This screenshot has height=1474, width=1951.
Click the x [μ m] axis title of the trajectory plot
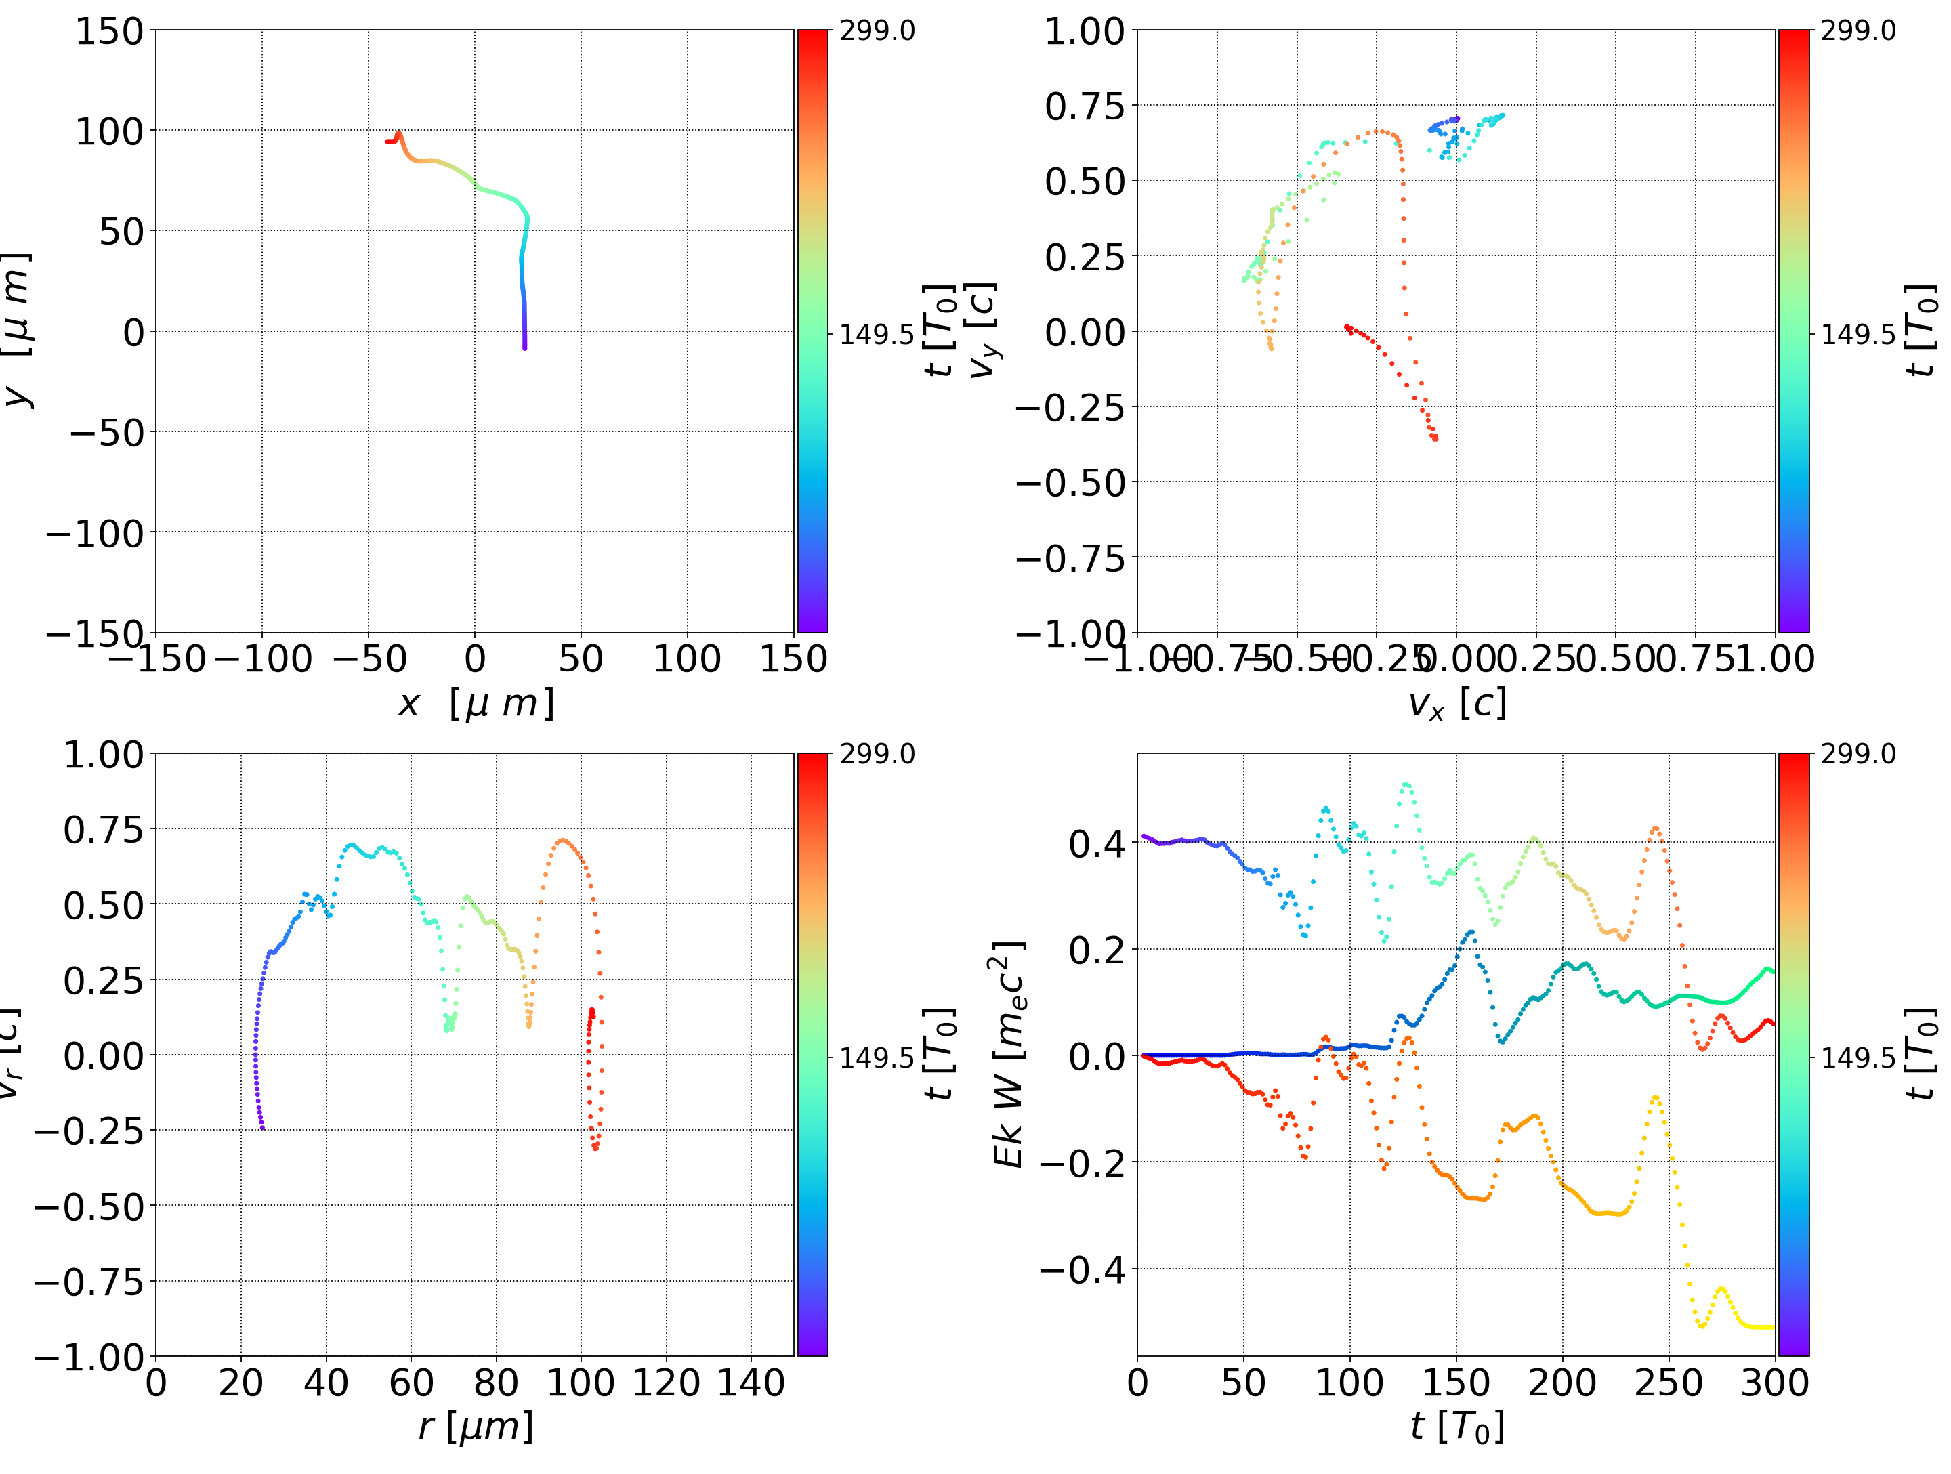pos(476,704)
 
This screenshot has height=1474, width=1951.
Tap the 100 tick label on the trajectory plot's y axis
pos(108,131)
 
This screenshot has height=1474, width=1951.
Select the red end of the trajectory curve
pos(388,141)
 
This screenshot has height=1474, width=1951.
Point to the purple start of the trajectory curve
pos(525,347)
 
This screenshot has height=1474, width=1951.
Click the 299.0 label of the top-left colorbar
pos(877,31)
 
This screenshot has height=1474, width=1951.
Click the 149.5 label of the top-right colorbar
pos(1858,335)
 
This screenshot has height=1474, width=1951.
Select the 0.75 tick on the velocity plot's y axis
pos(1085,106)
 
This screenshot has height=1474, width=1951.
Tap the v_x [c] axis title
pos(1456,704)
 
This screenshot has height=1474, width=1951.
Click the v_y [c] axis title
pos(982,331)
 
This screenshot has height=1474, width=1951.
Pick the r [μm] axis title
pos(476,1427)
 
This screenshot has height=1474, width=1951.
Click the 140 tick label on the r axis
pos(751,1383)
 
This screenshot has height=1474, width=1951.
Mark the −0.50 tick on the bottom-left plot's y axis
pos(88,1206)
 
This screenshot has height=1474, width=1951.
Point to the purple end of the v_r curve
pos(262,1127)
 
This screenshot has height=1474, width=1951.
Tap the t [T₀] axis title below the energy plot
pos(1456,1427)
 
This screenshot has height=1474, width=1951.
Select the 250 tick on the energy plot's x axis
pos(1669,1383)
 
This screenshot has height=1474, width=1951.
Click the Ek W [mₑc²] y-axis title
pos(1009,1054)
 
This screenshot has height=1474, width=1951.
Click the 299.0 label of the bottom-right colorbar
pos(1858,754)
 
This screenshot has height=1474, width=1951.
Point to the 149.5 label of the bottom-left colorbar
pos(877,1057)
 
